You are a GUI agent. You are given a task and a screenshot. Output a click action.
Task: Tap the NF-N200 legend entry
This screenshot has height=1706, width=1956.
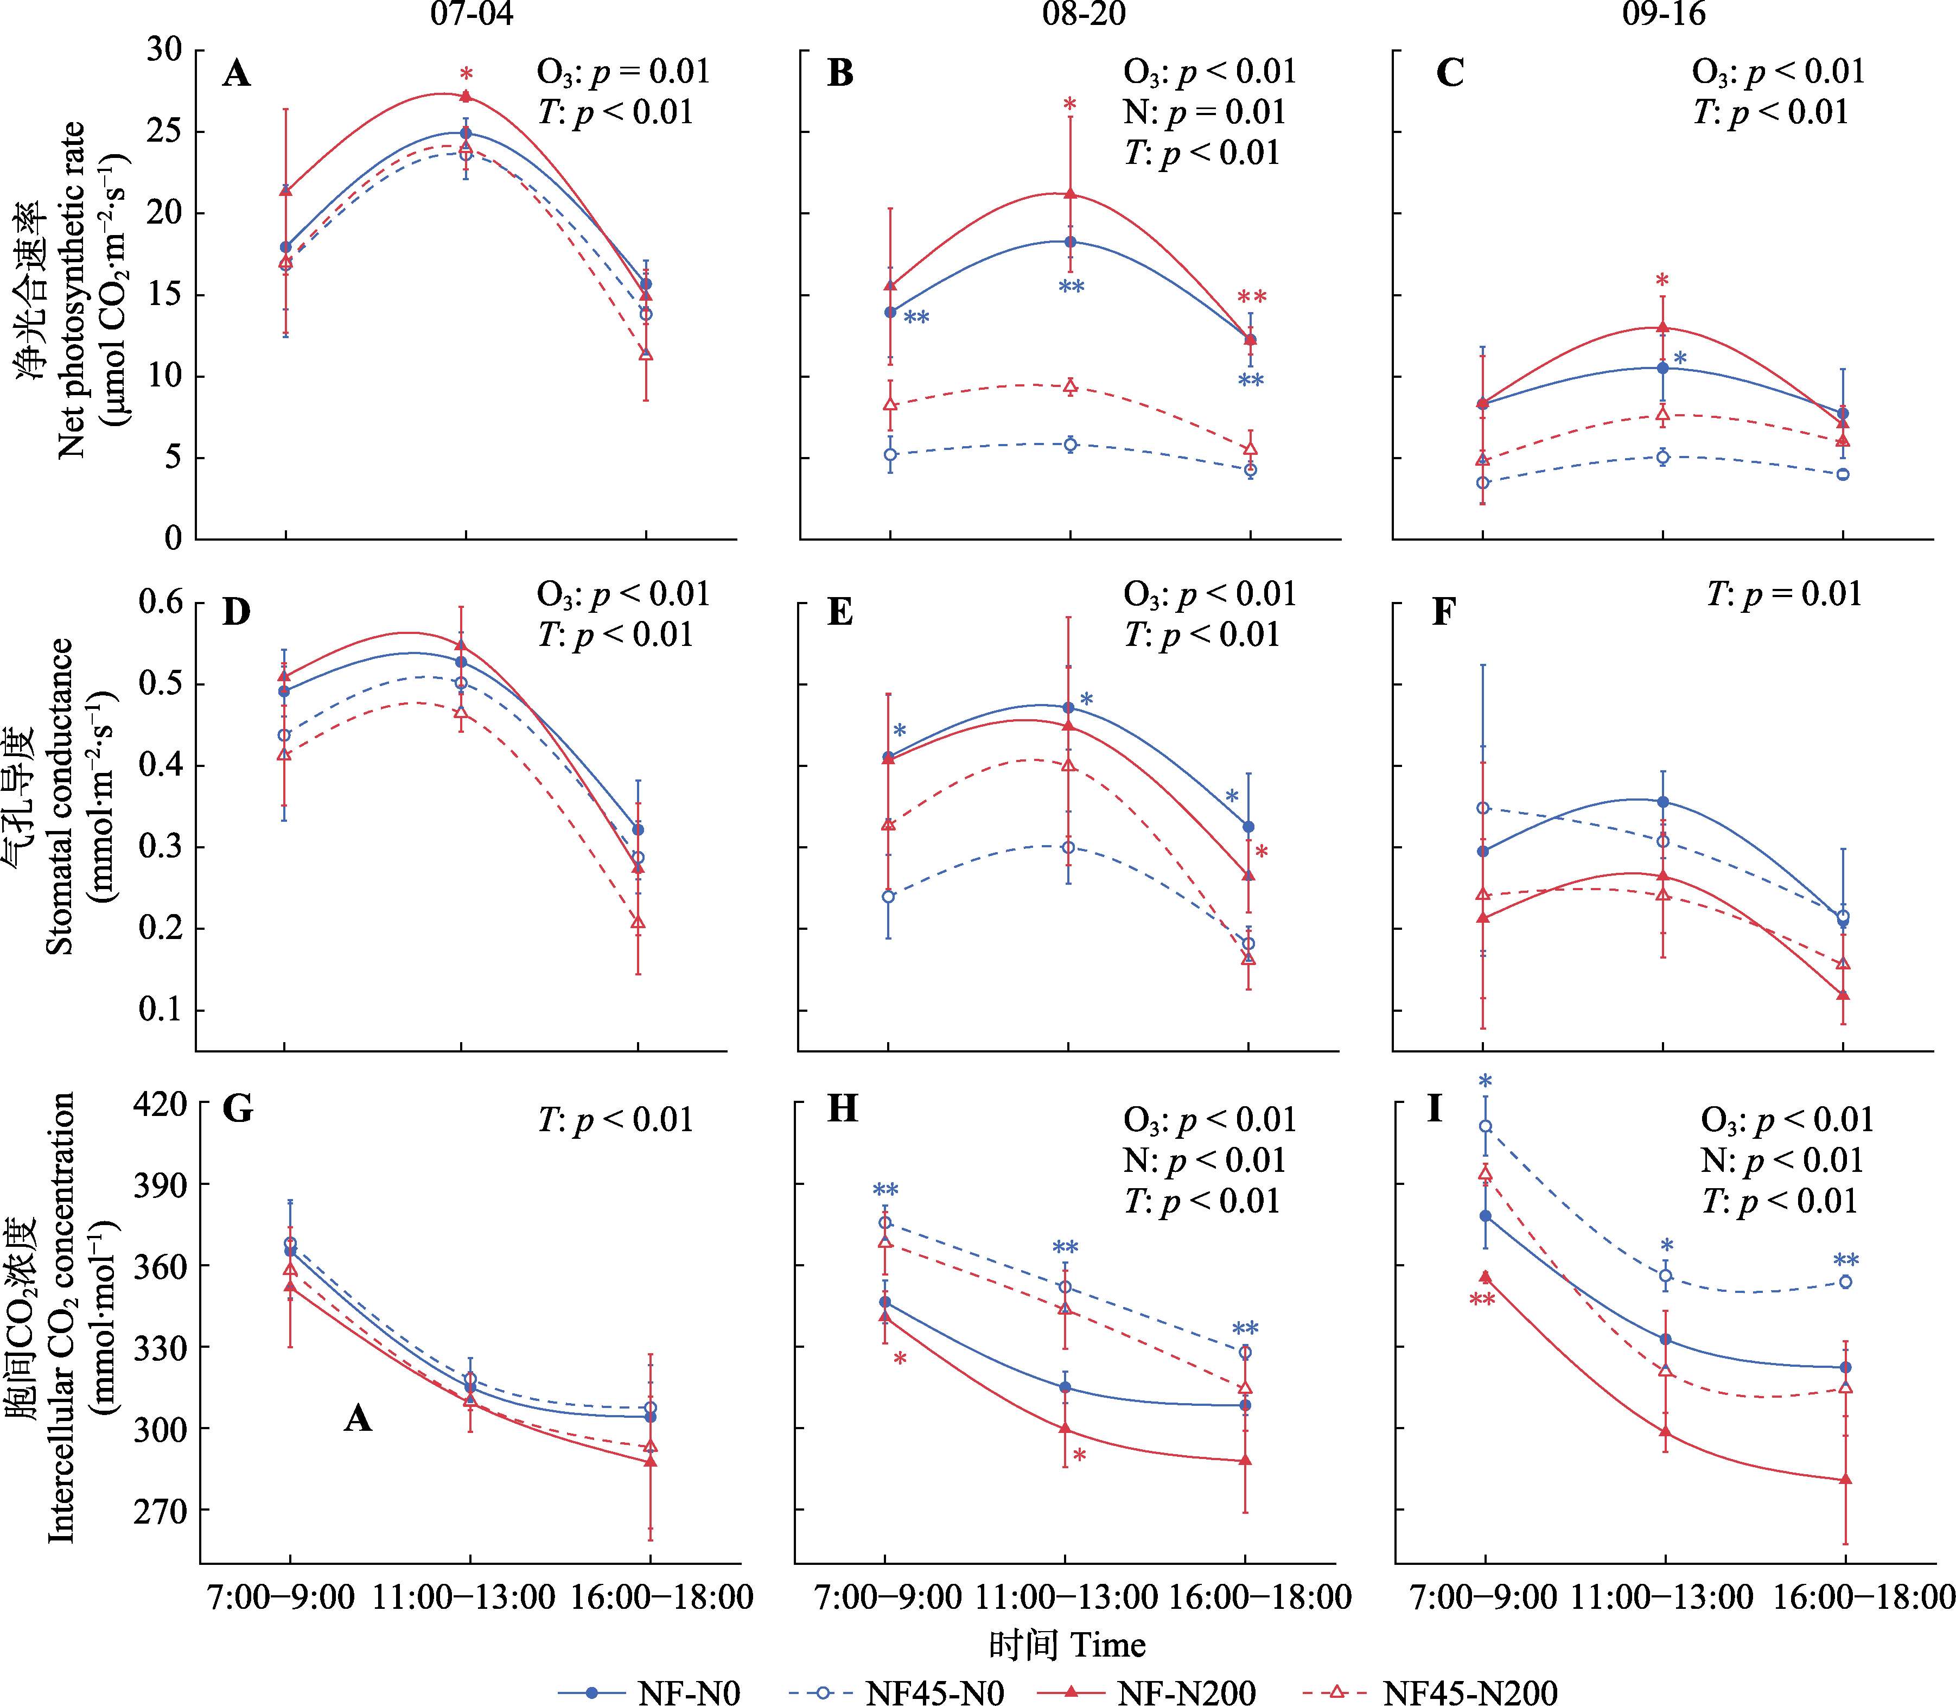(1147, 1692)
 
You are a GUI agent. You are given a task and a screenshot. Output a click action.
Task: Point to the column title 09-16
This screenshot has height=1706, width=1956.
(1664, 14)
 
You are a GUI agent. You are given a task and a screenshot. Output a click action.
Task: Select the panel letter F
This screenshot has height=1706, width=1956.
(1444, 611)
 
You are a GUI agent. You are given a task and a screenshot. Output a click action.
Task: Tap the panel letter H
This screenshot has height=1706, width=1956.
(843, 1109)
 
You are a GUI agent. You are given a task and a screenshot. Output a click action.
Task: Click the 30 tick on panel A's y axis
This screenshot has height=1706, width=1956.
(164, 49)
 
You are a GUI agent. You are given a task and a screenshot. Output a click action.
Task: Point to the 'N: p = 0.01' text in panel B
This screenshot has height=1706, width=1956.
(1204, 112)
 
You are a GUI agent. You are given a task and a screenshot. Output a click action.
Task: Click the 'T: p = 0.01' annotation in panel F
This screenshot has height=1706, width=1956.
(1783, 594)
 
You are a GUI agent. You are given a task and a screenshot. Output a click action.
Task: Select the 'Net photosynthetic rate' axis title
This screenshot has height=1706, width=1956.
(72, 290)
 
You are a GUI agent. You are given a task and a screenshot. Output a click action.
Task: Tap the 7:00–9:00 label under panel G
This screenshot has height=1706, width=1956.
(282, 1596)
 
